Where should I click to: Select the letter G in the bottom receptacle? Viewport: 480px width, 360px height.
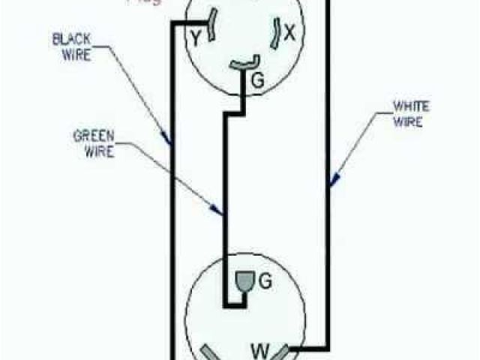pos(263,281)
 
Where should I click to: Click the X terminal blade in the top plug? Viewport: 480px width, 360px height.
pos(277,29)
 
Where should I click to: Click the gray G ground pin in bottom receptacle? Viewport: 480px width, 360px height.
pos(245,281)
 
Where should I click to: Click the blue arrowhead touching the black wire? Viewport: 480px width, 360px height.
pos(168,136)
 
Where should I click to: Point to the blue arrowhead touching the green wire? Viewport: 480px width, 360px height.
pos(220,211)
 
